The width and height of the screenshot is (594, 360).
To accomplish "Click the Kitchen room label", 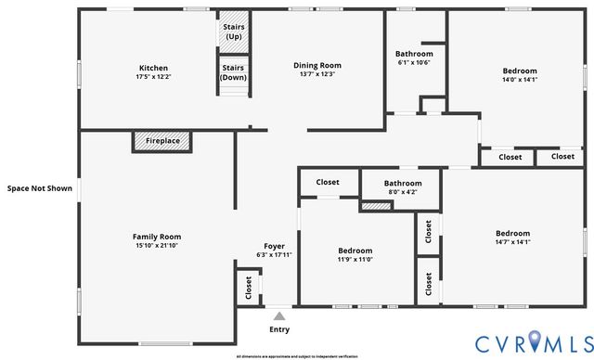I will [x=153, y=68].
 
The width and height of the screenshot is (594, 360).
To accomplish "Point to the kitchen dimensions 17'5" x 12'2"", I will [x=153, y=77].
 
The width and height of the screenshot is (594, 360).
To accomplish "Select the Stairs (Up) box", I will [x=234, y=32].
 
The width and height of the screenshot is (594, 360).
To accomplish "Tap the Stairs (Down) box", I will [x=234, y=72].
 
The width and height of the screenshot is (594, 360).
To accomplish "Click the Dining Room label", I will [x=317, y=65].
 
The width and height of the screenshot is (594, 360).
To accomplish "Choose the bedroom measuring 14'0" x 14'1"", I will [x=519, y=75].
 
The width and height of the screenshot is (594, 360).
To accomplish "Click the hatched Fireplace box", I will [x=162, y=141].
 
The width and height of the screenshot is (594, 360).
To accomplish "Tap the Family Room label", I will [x=157, y=237].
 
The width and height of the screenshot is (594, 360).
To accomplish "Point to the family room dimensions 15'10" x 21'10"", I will [x=157, y=246].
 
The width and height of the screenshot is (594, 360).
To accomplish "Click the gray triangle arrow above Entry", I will [x=278, y=316].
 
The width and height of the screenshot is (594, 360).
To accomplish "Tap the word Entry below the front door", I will [x=278, y=329].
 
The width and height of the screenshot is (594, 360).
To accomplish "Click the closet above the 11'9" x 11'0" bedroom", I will [x=328, y=182].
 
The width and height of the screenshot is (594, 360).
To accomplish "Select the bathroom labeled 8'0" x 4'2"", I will [x=403, y=186].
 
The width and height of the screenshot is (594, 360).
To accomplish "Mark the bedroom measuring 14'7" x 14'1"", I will [x=512, y=238].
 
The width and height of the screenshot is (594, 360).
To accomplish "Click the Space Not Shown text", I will [x=39, y=188].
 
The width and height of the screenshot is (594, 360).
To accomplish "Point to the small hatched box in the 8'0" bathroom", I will [x=375, y=205].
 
